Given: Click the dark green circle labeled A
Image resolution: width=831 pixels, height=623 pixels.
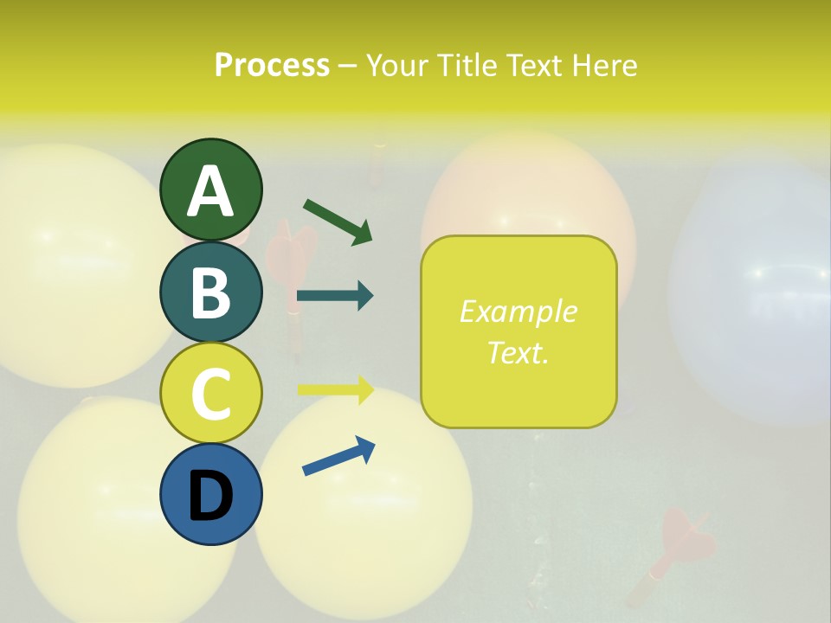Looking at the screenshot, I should tap(210, 189).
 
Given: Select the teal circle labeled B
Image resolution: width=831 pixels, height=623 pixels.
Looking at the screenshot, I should tap(210, 292).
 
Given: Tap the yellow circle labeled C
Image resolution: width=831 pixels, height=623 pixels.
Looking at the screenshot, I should tap(210, 394).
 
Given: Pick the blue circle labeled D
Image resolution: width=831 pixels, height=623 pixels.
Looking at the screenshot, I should tap(210, 495).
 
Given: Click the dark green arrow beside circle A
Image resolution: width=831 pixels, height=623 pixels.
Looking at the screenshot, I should tap(338, 221).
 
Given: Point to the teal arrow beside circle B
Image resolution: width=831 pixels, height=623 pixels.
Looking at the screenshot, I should tap(335, 296).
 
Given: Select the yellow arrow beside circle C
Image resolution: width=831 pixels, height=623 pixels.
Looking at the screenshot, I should tap(335, 390).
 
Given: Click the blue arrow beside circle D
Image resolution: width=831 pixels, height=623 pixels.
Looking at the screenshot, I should tap(338, 456).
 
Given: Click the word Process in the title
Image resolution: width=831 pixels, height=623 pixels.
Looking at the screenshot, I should tap(272, 66).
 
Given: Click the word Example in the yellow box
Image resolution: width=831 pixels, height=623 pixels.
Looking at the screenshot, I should tap(519, 311).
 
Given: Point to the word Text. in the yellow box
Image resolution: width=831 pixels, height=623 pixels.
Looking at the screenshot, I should tap(519, 352).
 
